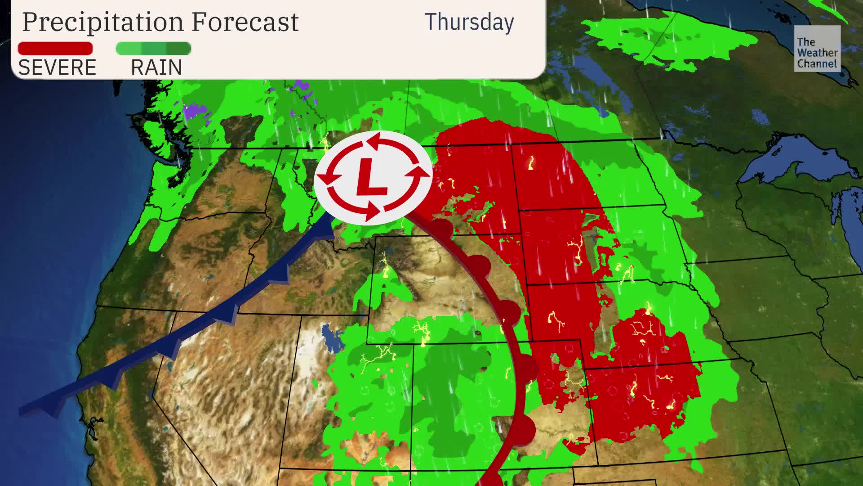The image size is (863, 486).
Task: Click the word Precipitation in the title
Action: coord(103,22)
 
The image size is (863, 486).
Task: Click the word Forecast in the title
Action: coord(245,22)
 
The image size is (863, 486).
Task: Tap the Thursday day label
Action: coord(469,22)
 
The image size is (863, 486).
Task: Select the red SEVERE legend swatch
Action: coord(55,48)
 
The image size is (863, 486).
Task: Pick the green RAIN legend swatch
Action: coord(153,48)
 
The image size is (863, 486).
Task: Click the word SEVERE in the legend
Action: coord(57,67)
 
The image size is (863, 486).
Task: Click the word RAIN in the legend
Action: coord(156,67)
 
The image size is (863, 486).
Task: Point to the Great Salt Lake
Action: coord(332,337)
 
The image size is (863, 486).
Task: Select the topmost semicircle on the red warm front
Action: coord(443,228)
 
